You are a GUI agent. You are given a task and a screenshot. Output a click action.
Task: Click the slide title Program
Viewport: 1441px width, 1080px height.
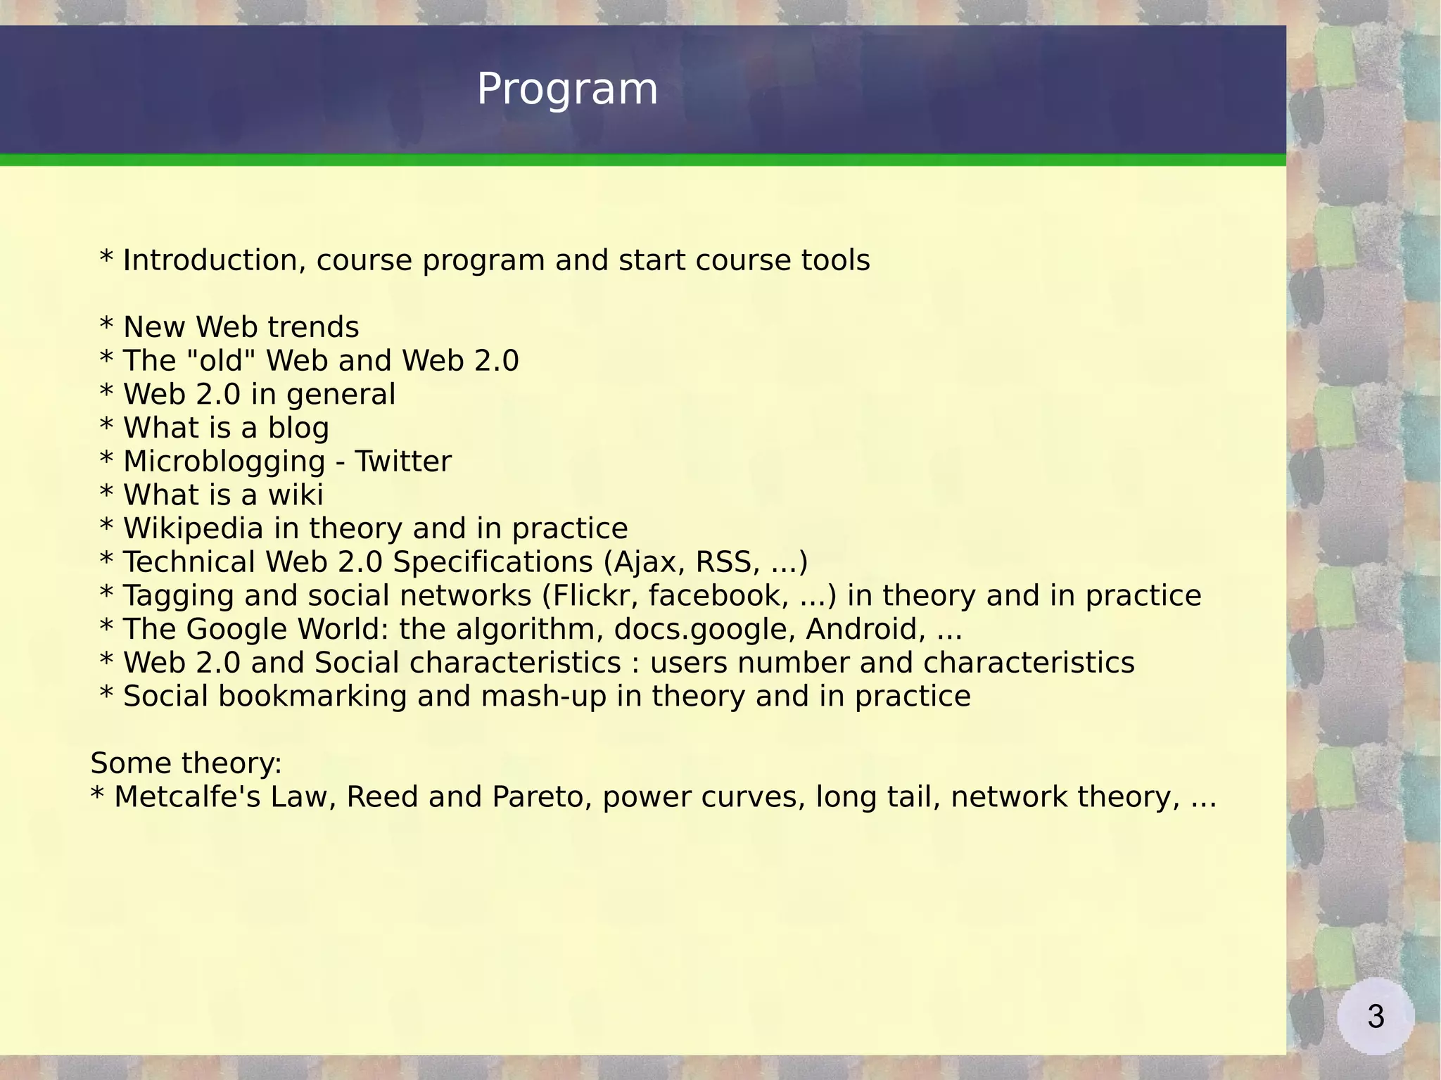(567, 89)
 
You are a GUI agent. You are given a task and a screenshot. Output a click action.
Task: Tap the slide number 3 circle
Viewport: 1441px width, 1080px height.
(1376, 1016)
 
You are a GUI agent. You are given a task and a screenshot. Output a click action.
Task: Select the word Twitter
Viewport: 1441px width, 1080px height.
(402, 462)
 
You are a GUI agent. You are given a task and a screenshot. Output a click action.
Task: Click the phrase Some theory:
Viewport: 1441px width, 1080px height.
(186, 763)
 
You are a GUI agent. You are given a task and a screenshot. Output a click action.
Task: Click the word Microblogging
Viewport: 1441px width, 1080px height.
(224, 462)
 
